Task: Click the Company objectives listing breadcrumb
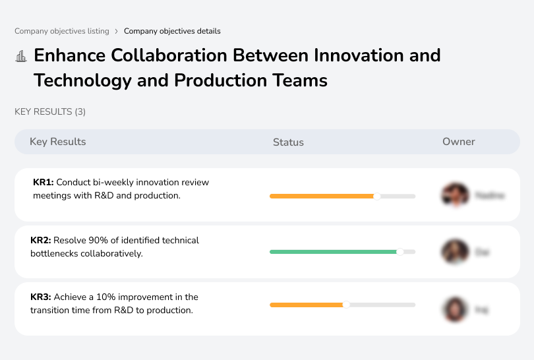click(61, 31)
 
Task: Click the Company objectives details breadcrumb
click(172, 31)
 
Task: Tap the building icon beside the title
click(21, 56)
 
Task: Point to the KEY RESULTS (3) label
click(50, 112)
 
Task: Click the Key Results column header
click(57, 142)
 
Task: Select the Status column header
click(288, 142)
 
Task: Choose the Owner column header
click(458, 142)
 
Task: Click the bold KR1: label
click(44, 182)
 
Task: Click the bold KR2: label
click(41, 241)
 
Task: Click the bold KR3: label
click(41, 297)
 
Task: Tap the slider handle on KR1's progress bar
click(377, 196)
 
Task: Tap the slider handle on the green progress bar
click(400, 252)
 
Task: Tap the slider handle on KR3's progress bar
click(346, 305)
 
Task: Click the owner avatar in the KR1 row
click(454, 195)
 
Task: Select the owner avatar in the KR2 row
click(454, 252)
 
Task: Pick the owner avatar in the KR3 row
click(454, 309)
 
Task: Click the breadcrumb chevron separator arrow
click(117, 31)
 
